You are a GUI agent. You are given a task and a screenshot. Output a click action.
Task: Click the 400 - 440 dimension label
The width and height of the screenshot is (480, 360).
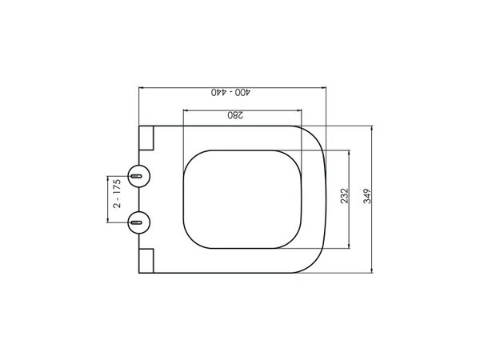point(230,92)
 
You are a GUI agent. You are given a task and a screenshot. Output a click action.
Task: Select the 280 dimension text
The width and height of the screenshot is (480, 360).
point(235,115)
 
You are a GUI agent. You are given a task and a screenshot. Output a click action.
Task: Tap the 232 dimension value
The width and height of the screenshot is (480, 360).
point(344,196)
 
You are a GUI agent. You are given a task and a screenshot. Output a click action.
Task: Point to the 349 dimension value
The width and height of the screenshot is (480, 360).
point(367,196)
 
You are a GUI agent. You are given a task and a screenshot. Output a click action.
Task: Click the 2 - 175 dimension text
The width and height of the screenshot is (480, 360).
point(117,194)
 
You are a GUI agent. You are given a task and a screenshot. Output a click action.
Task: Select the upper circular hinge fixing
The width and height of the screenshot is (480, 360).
point(139,176)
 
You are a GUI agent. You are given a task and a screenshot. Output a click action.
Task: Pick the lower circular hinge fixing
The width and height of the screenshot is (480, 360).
point(139,222)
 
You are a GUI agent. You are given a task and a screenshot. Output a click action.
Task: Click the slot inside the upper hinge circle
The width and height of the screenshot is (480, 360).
point(136,176)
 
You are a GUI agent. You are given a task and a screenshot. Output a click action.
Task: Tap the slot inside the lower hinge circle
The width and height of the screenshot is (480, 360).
point(136,222)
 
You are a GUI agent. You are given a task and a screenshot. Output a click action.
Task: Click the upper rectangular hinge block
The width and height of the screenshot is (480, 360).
point(146,138)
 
